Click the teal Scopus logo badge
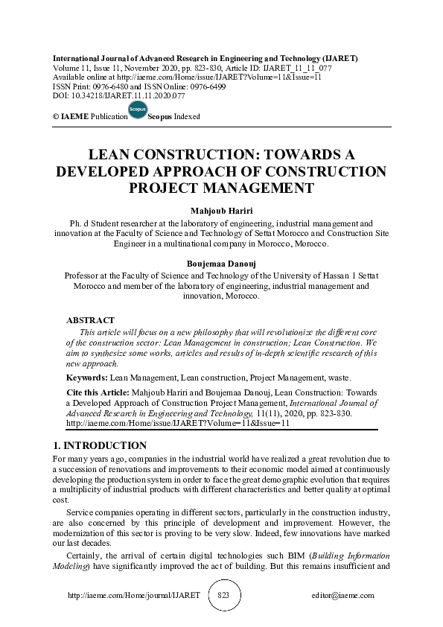138,110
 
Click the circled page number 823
224,596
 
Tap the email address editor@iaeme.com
343,596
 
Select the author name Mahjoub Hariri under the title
221,211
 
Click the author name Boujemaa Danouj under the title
221,263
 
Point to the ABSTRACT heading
91,320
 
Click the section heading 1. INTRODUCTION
101,446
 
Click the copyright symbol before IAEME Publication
56,117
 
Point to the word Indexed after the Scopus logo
187,117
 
